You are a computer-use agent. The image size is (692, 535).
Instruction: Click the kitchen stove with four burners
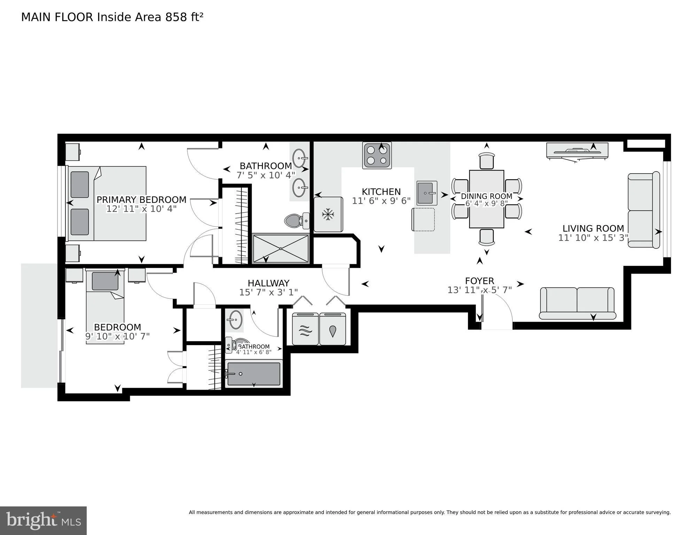377,155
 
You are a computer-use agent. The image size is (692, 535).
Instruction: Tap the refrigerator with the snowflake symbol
328,214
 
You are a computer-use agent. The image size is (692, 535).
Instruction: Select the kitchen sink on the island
427,193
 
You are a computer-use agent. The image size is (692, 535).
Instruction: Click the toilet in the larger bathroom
297,221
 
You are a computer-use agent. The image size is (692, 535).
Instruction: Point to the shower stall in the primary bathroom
280,249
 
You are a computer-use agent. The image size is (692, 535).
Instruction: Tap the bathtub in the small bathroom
254,374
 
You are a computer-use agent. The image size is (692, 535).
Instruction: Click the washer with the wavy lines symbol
305,329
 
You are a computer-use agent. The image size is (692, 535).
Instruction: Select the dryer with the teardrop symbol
333,329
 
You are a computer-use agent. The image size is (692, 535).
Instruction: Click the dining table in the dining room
487,199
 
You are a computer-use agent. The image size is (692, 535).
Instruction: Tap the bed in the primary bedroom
107,204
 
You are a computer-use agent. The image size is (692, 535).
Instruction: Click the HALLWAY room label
269,283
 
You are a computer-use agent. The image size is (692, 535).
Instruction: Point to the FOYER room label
480,281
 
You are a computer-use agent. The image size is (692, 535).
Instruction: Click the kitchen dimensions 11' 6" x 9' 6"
381,201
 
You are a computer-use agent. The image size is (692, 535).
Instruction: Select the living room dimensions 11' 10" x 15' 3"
593,238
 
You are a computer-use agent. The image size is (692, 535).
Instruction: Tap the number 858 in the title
176,17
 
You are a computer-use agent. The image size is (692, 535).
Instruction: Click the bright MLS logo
43,520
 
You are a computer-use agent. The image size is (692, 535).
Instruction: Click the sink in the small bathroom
236,320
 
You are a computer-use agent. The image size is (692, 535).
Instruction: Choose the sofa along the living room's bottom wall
577,303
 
